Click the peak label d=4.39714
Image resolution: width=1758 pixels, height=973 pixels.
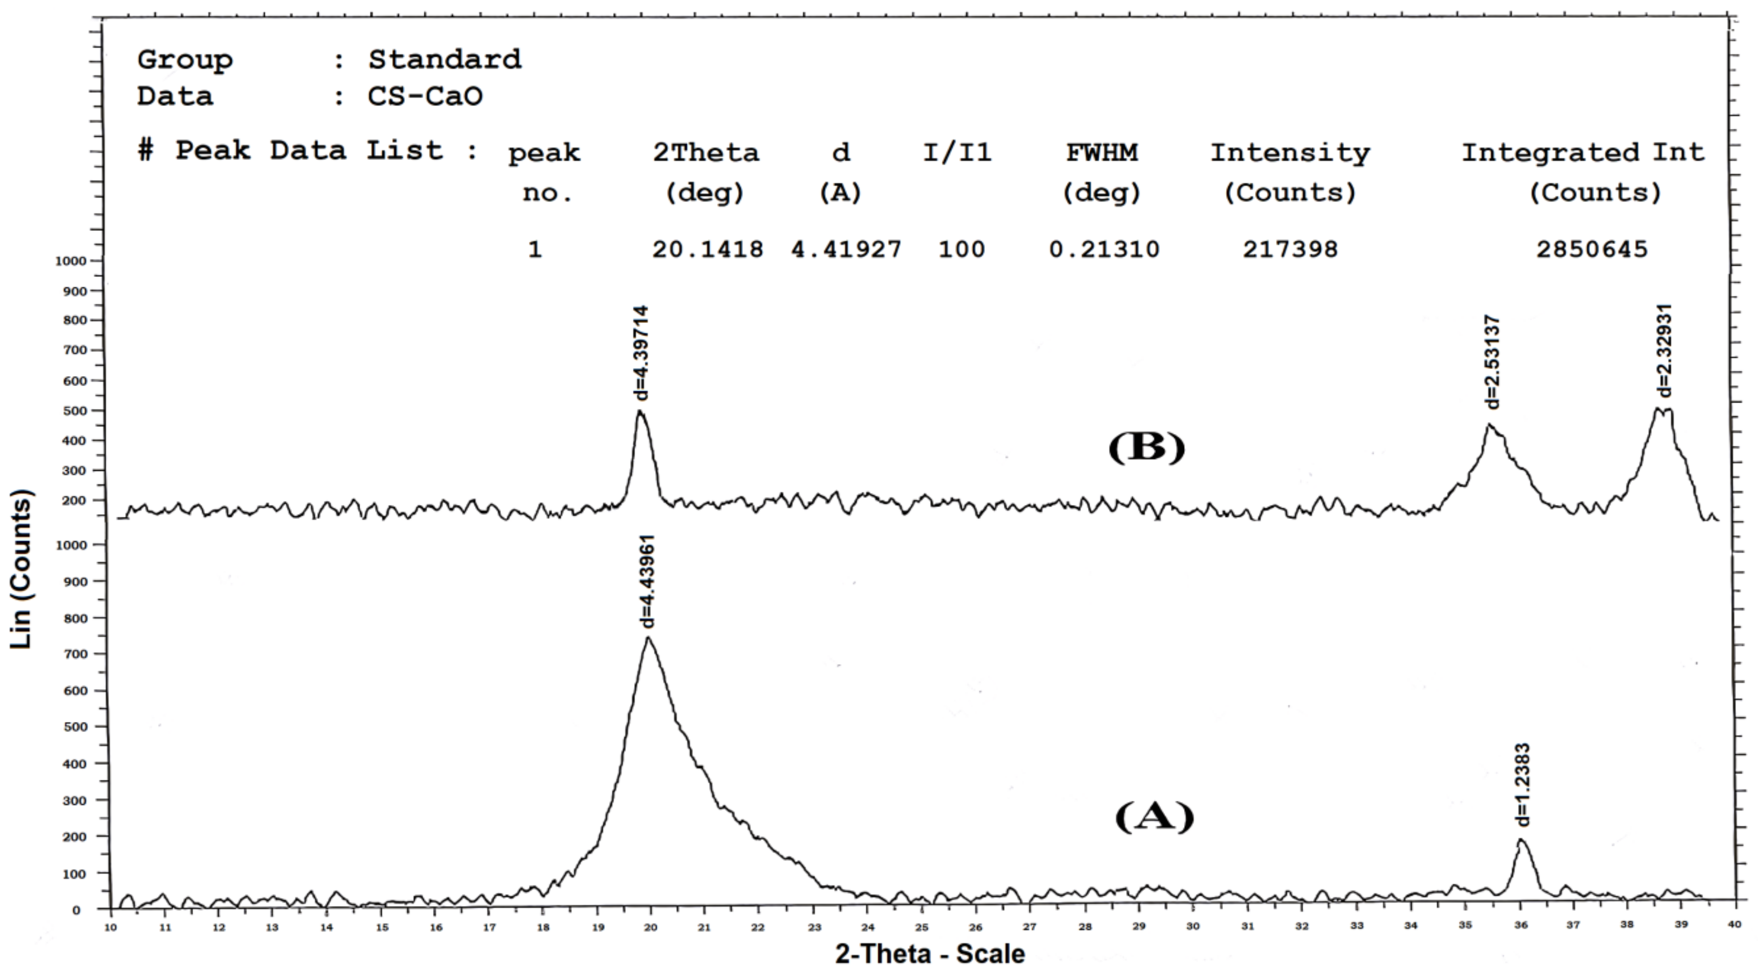642,353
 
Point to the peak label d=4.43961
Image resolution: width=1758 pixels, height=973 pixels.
649,581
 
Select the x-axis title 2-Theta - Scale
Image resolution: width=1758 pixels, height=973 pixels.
929,954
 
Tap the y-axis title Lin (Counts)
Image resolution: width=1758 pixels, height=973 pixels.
21,569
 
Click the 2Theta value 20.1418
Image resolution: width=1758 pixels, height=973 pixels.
707,249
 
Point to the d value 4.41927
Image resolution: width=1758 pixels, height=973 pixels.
846,249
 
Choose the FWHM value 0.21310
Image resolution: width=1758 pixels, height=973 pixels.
1103,249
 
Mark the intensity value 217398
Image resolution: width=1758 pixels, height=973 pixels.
1290,249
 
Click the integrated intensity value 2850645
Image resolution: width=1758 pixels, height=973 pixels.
1591,249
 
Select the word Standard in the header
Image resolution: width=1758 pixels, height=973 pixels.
445,60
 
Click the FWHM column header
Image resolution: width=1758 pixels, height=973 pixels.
1102,152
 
